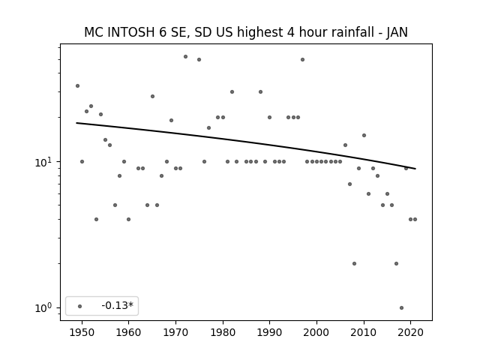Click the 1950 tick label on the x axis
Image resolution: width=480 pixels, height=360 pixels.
coord(82,332)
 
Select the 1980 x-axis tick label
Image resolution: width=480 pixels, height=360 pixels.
coord(223,332)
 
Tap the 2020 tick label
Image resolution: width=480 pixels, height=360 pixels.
coord(410,332)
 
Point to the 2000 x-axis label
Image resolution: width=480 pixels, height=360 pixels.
coord(316,332)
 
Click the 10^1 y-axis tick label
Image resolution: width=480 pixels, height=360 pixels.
coord(44,162)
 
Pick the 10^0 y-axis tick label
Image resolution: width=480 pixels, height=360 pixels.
coord(44,307)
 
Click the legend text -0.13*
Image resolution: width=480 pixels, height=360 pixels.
coord(118,305)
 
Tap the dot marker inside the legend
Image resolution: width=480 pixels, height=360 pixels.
coord(80,306)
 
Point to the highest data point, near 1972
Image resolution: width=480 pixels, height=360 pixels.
coord(185,57)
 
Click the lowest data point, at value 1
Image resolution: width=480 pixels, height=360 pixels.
coord(402,307)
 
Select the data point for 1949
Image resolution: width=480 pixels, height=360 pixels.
coord(77,86)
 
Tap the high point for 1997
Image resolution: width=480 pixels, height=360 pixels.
coord(302,60)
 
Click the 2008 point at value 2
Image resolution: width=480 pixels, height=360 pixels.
coord(354,263)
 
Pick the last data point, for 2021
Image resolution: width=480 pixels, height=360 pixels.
coord(415,219)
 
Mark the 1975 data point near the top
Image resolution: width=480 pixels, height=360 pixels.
coord(199,60)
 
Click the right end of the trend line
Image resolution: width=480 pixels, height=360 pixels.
coord(415,169)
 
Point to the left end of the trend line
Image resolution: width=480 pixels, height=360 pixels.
coord(76,123)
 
